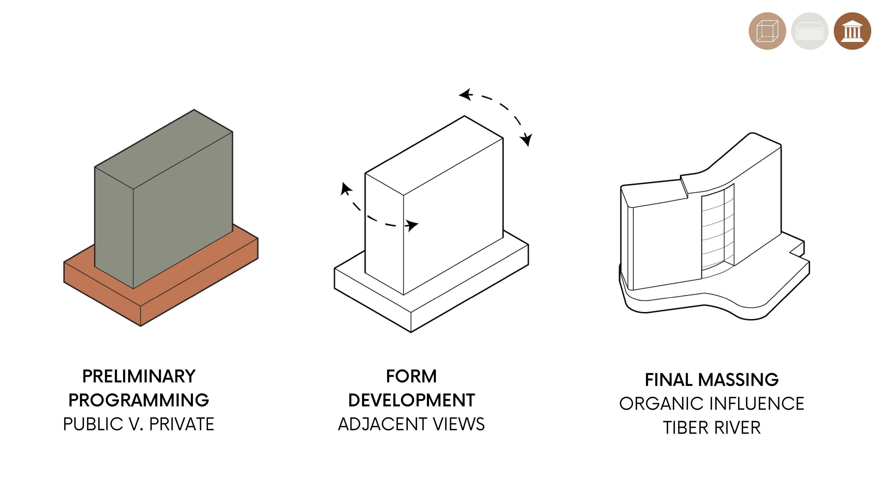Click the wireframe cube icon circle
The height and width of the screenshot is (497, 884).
[x=767, y=31]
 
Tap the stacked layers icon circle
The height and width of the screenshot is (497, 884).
[x=809, y=31]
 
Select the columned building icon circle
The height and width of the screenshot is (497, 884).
[x=852, y=31]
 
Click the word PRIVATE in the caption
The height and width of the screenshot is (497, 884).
[x=182, y=424]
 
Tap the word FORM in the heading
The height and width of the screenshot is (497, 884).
[x=411, y=376]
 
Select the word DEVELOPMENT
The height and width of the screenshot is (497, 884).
[x=411, y=400]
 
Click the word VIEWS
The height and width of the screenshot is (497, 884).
[x=459, y=424]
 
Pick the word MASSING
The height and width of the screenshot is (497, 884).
[x=738, y=380]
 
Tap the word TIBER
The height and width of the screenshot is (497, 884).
[x=685, y=428]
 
